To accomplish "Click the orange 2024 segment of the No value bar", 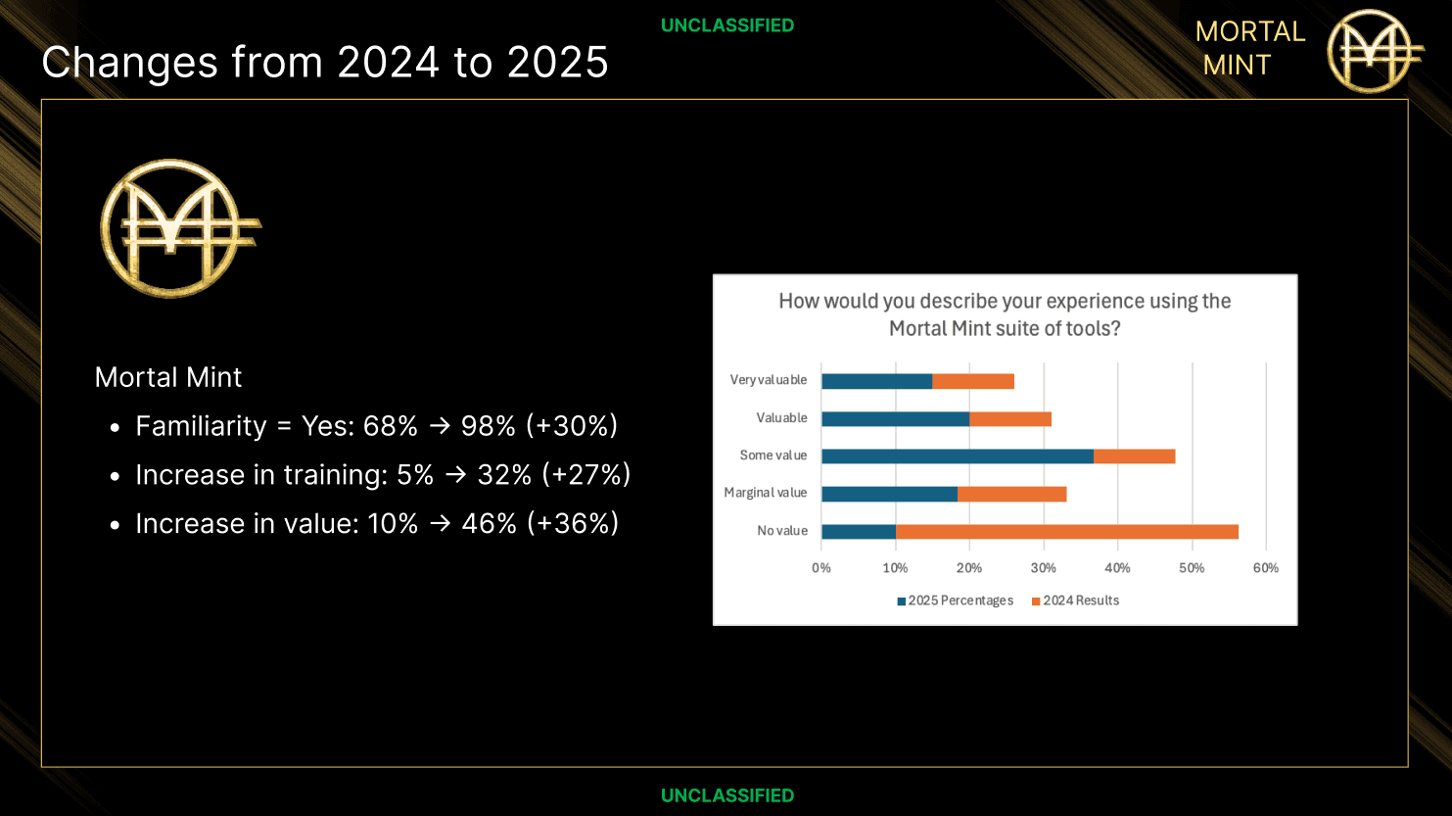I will tap(1066, 532).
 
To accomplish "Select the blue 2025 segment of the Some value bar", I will tap(957, 456).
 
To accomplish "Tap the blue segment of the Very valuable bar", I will tap(876, 381).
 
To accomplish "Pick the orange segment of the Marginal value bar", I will tap(1011, 494).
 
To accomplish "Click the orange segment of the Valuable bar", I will tap(1009, 419).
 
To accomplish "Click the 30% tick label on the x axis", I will tap(1043, 568).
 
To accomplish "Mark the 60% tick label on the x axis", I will tap(1265, 568).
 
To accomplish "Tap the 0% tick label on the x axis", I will tap(820, 568).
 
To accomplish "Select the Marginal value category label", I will tap(765, 493).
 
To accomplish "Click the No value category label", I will tap(781, 531).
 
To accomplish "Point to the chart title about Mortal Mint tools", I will tap(1005, 314).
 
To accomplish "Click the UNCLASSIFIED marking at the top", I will tap(726, 25).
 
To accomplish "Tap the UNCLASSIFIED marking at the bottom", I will tap(726, 795).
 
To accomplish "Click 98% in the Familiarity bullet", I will tap(488, 426).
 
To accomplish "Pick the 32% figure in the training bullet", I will tap(504, 475).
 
